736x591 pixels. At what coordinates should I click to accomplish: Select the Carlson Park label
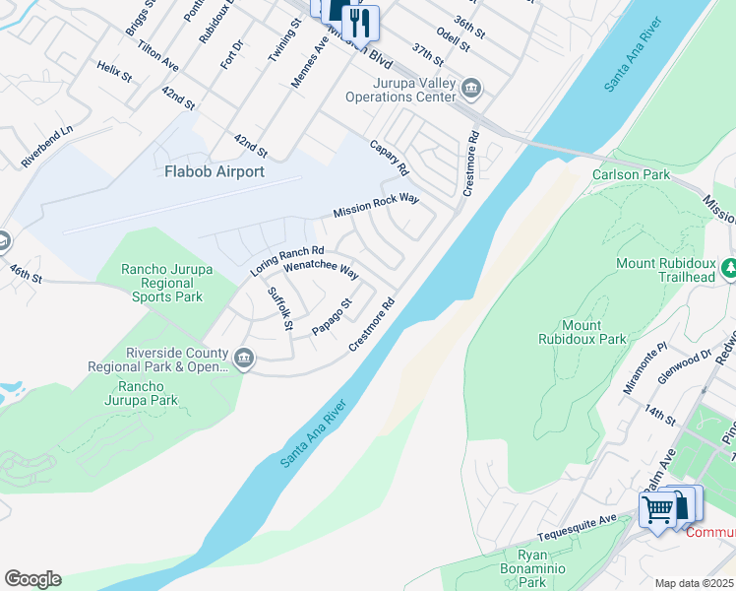(x=631, y=174)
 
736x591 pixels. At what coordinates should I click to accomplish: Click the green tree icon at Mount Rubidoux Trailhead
(x=729, y=268)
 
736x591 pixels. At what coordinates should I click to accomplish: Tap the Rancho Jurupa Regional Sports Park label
(x=161, y=283)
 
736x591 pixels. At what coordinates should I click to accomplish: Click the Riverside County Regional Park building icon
(x=245, y=357)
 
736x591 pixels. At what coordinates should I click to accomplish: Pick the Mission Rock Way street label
(x=376, y=206)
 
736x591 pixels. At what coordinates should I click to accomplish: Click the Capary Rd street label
(x=389, y=157)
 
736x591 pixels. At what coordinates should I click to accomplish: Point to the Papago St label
(x=332, y=317)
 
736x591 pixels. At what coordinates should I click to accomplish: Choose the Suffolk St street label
(x=280, y=308)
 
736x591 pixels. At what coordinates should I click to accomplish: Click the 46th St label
(x=27, y=273)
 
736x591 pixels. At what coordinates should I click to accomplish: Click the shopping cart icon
(x=657, y=509)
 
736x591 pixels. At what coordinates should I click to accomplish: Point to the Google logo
(x=32, y=579)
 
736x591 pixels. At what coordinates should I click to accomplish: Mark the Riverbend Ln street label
(x=47, y=145)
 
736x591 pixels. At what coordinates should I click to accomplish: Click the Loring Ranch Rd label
(x=286, y=260)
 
